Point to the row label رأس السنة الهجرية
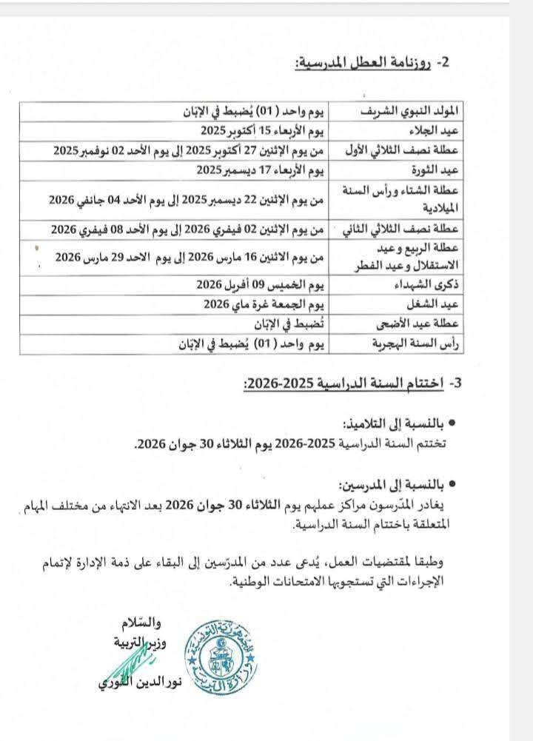[x=418, y=343]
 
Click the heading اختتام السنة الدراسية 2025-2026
[x=347, y=383]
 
